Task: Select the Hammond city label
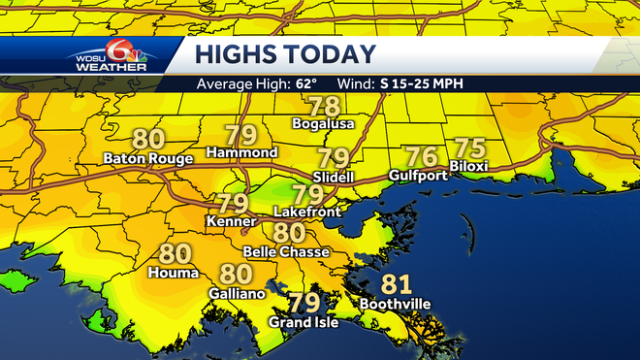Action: [x=241, y=152]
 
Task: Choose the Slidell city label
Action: [x=335, y=177]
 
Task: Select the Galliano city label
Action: [x=236, y=292]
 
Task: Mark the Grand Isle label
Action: [x=304, y=322]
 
